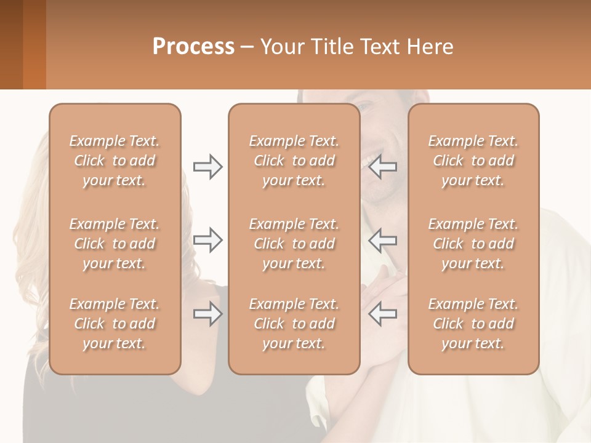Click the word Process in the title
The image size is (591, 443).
pos(193,47)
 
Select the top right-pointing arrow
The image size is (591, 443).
pos(207,167)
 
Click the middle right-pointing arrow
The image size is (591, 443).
pos(207,240)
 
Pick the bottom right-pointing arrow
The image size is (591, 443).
pos(207,314)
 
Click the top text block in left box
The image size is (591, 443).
pos(115,161)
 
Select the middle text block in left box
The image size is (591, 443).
pos(115,244)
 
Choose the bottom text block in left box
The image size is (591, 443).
pos(115,324)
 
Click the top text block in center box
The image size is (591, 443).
pos(294,161)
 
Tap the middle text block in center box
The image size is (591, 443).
pos(294,244)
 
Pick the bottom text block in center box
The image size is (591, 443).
pos(294,324)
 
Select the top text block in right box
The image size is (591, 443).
pos(473,161)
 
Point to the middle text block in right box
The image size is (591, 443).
pos(473,244)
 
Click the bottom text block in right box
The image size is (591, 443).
pos(473,324)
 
